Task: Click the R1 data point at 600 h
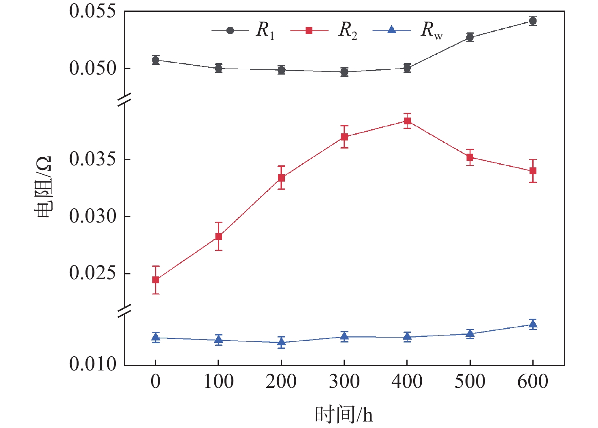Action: point(533,21)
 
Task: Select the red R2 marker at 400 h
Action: point(407,121)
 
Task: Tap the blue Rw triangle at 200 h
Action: point(281,342)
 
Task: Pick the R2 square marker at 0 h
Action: point(156,280)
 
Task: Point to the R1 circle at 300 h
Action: point(344,72)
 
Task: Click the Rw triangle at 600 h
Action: point(533,324)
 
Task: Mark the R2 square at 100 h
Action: point(218,236)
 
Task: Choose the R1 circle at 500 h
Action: point(470,38)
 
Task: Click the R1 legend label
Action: point(265,30)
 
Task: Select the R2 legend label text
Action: point(348,30)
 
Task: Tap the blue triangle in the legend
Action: point(391,30)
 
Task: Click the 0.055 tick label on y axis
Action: point(93,11)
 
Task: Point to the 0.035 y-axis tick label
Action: point(93,159)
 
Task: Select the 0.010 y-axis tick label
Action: point(93,364)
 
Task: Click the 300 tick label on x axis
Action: point(344,381)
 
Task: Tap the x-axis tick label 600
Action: point(533,381)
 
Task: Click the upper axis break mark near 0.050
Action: point(125,99)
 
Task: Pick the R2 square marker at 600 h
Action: point(533,171)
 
